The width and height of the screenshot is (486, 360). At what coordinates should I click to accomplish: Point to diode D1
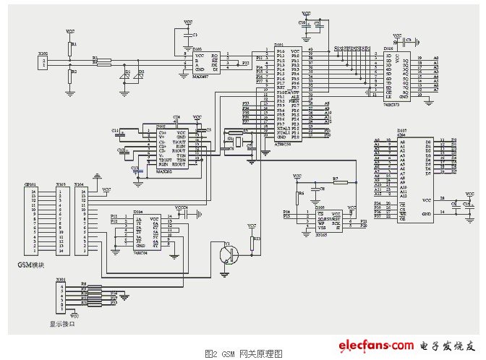(124, 74)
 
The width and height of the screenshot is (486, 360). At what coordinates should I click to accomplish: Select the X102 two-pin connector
(43, 64)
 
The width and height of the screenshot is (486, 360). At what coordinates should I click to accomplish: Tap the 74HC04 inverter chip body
(145, 231)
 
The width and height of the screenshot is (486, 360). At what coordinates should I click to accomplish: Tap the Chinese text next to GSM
(35, 265)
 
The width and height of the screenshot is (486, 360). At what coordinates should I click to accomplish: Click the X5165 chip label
(320, 235)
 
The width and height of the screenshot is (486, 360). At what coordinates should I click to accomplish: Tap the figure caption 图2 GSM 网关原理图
(242, 353)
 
